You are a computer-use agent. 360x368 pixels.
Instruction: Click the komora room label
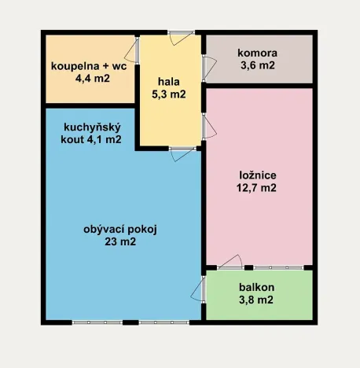coord(258,53)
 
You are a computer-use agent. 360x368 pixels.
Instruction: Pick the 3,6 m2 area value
coord(258,66)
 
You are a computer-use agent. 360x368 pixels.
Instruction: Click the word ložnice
coord(259,175)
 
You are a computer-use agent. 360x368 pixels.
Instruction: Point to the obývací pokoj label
coord(120,230)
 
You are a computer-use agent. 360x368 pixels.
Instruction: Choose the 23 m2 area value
coord(120,242)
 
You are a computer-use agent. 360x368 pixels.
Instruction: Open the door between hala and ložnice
coord(204,126)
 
